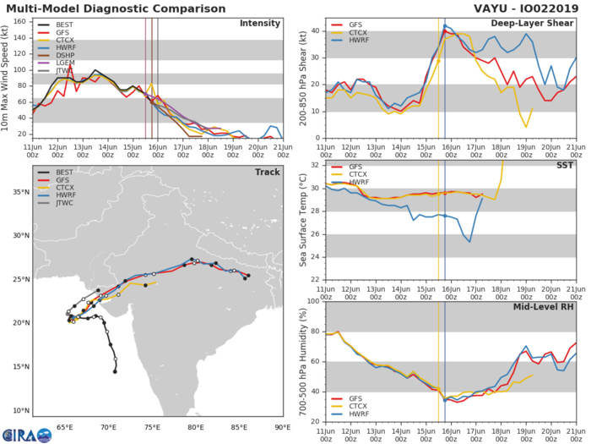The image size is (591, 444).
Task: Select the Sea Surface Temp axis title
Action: (303, 222)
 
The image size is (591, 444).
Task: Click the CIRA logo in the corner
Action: (25, 433)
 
